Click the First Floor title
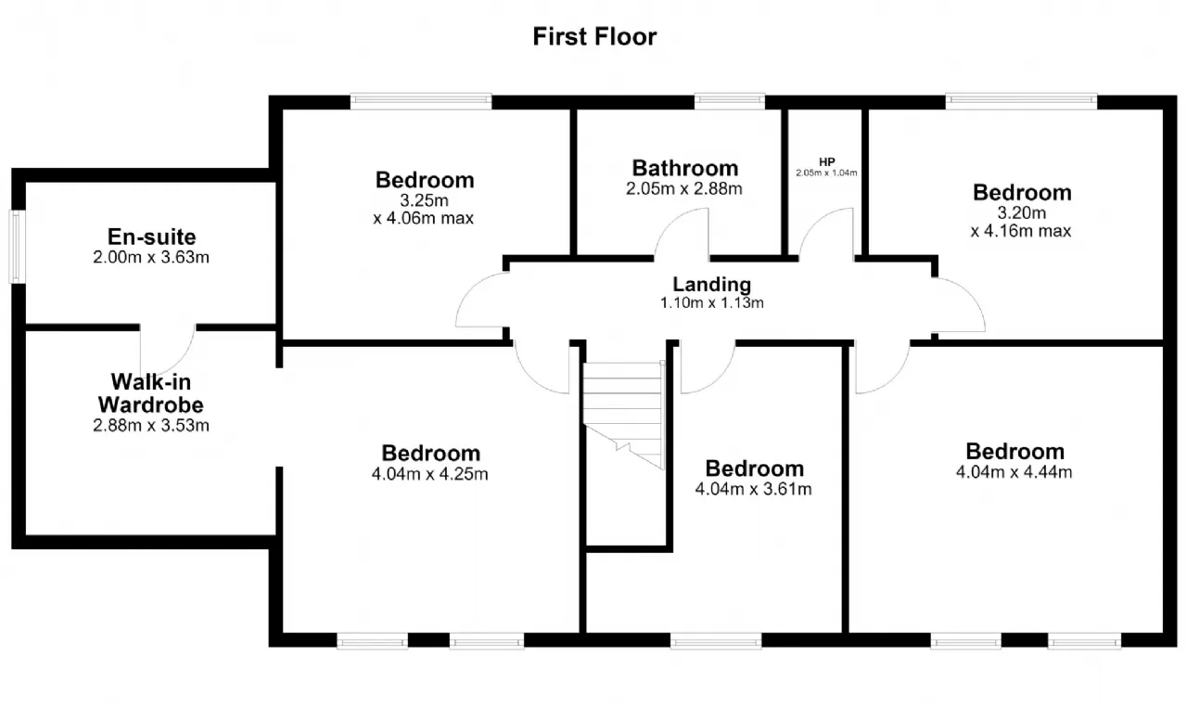pyautogui.click(x=594, y=36)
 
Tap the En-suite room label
pyautogui.click(x=151, y=237)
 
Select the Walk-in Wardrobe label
pyautogui.click(x=151, y=393)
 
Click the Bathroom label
pyautogui.click(x=685, y=168)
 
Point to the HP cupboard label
pyautogui.click(x=826, y=161)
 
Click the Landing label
pyautogui.click(x=711, y=285)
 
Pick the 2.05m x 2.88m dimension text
pyautogui.click(x=684, y=188)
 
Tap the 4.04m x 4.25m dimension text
pyautogui.click(x=429, y=474)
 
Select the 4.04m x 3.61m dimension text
pyautogui.click(x=753, y=489)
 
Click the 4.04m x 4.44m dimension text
pyautogui.click(x=1014, y=471)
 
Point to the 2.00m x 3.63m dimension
pyautogui.click(x=151, y=257)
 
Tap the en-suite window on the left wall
pyautogui.click(x=18, y=247)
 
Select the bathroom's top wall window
pyautogui.click(x=730, y=101)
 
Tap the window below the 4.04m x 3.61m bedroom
pyautogui.click(x=716, y=641)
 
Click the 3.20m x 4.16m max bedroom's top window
pyautogui.click(x=1021, y=101)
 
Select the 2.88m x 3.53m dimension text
pyautogui.click(x=151, y=425)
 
